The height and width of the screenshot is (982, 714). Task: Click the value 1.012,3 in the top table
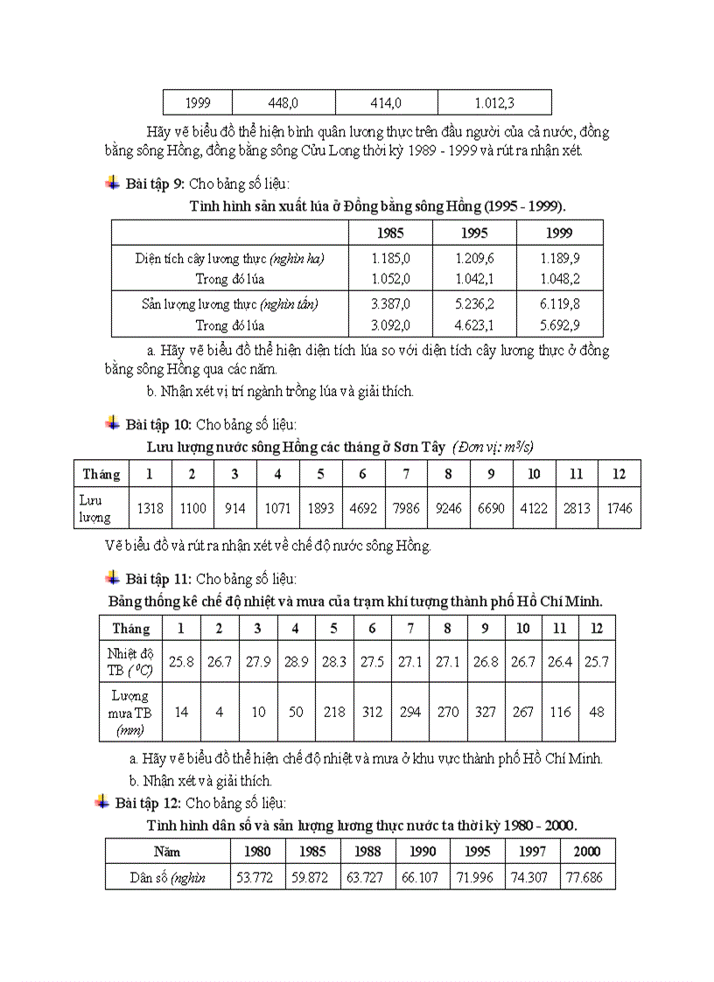(494, 102)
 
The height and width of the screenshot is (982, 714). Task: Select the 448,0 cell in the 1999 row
(283, 102)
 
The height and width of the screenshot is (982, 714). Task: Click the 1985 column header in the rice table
(390, 233)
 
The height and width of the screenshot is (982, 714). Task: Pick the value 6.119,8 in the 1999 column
(561, 304)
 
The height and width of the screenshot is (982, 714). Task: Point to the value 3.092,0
(390, 325)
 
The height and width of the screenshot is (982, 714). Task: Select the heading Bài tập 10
(157, 424)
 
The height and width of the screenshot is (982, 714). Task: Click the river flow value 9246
(448, 508)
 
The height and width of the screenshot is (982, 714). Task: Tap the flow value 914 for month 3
(235, 508)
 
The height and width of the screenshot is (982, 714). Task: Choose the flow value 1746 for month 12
(619, 508)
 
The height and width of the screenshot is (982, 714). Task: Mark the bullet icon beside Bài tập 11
(112, 578)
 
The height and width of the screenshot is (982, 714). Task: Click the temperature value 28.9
(296, 662)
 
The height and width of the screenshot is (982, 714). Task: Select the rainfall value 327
(485, 712)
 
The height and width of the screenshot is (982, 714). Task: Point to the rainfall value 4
(220, 712)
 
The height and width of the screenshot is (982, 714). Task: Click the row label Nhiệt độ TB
(129, 662)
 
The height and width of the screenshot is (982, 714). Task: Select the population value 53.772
(254, 877)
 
